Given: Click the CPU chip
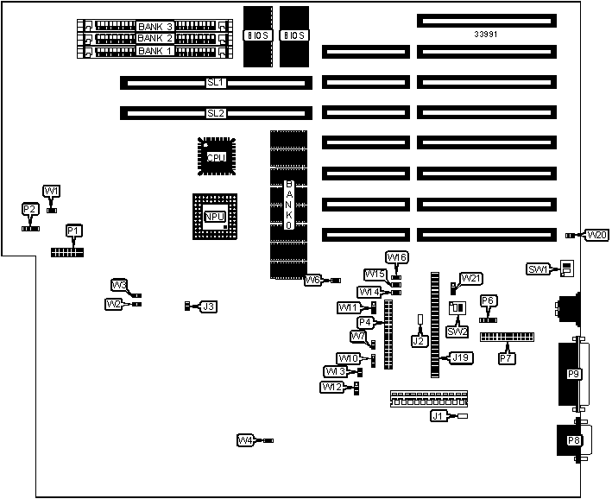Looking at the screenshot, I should tap(214, 157).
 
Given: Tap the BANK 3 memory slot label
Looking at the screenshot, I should tap(155, 27).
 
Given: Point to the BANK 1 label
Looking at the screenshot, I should tap(155, 51).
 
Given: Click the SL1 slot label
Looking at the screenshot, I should tap(216, 83).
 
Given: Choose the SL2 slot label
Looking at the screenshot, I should tap(216, 113).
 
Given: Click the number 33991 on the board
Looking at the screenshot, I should tap(486, 35).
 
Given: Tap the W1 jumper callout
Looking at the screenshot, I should tap(52, 191).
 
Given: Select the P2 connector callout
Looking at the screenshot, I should tap(30, 209).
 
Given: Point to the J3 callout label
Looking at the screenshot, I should tap(207, 306).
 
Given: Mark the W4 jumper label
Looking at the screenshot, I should tap(245, 440).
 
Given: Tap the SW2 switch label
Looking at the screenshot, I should tap(457, 331).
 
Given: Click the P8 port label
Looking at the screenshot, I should tap(573, 440).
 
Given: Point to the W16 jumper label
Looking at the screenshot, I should tap(397, 257).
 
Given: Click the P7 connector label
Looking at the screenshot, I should tap(507, 357).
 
